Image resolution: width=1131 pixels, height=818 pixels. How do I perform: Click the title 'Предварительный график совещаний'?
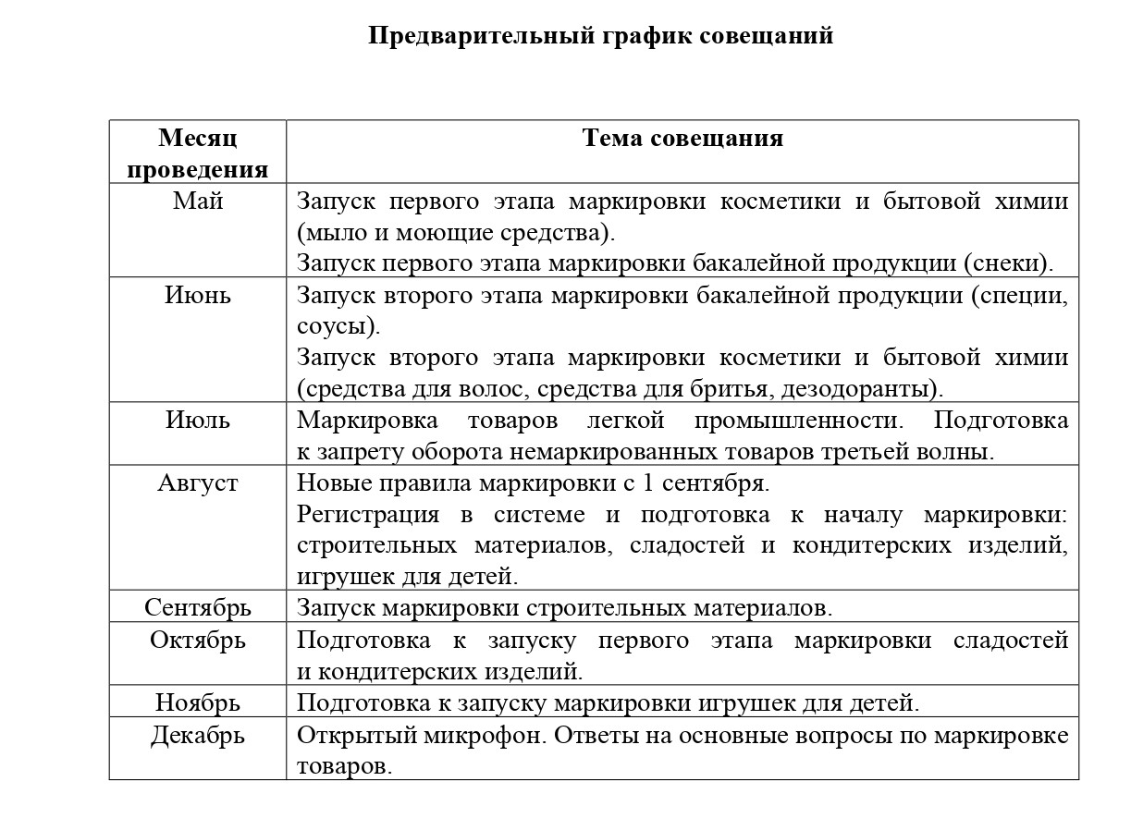pos(600,36)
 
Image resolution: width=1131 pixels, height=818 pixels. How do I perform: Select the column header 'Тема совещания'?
pos(682,139)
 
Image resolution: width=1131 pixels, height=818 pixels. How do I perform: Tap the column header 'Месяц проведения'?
pos(198,153)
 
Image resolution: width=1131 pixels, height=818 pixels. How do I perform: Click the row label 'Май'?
pos(198,201)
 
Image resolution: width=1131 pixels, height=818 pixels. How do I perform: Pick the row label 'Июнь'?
pos(198,296)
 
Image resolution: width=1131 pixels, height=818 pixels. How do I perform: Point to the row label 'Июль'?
pos(198,421)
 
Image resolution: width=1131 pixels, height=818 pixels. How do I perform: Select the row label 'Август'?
pos(198,483)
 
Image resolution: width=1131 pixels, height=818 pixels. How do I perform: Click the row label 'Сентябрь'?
pos(198,608)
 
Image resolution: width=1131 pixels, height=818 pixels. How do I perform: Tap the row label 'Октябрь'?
pos(198,640)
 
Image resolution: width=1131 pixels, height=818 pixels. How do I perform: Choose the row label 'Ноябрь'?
pos(198,702)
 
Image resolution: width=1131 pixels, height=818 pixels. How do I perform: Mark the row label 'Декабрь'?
pos(198,736)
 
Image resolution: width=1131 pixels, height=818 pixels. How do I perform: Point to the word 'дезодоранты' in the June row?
pos(868,389)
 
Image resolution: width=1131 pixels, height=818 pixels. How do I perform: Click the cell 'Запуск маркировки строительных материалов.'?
pos(564,608)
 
